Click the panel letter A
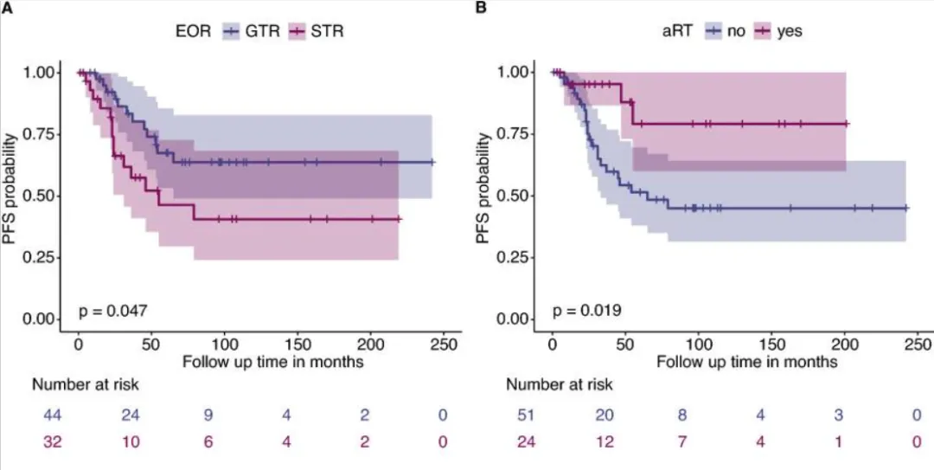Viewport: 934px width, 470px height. pyautogui.click(x=6, y=8)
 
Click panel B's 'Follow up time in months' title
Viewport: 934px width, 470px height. pyautogui.click(x=746, y=361)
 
